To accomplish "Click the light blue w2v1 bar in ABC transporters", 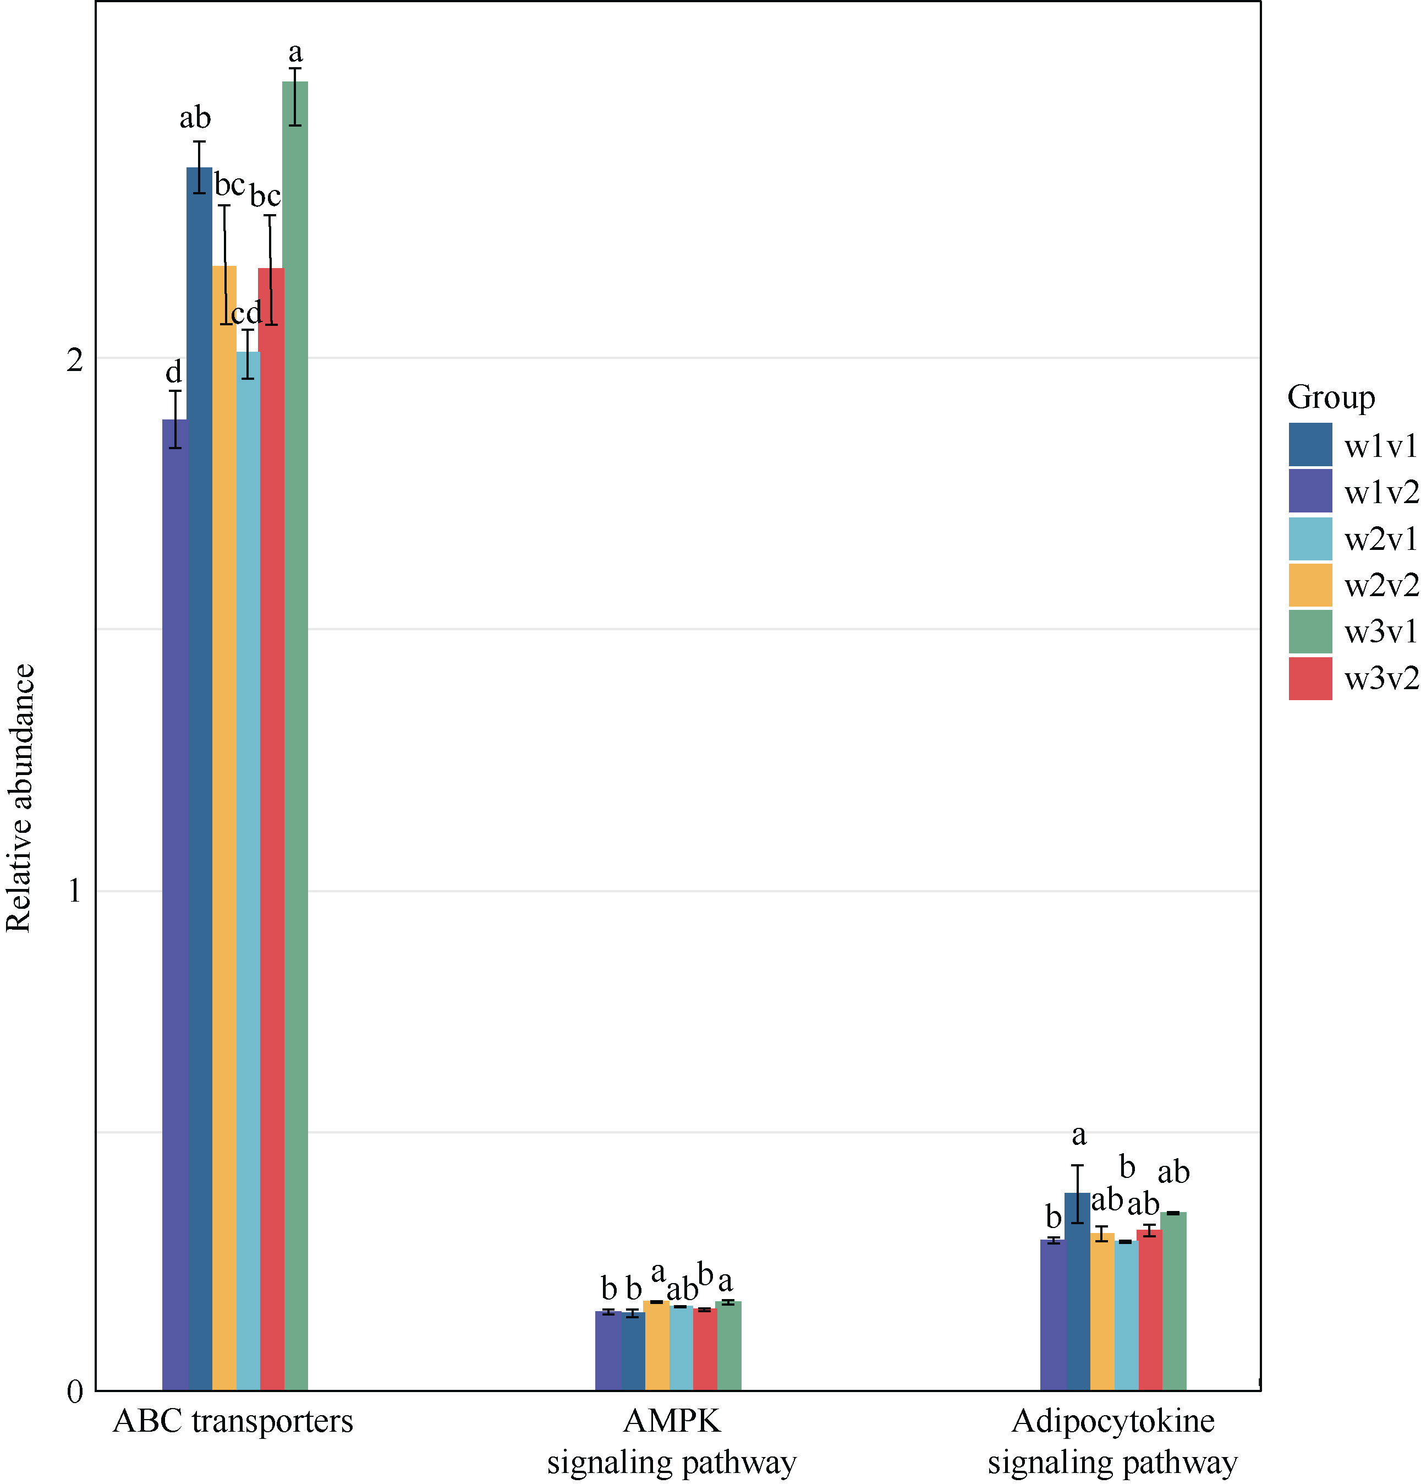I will coord(248,871).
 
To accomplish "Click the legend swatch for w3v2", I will coord(1310,678).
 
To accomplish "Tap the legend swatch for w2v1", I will coord(1310,538).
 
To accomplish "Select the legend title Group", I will coord(1330,397).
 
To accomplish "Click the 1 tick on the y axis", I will coord(74,891).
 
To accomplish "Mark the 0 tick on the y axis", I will coord(74,1392).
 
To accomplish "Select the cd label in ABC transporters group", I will coord(246,312).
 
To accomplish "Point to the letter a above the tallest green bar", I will coord(295,52).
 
